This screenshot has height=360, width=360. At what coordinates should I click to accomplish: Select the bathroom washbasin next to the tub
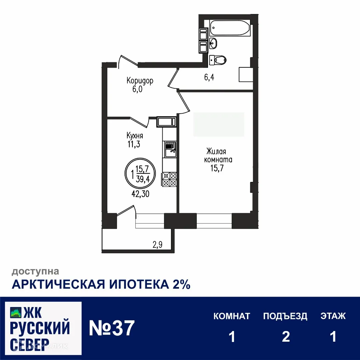[x=214, y=43]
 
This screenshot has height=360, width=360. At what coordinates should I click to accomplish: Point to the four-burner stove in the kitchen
[x=170, y=179]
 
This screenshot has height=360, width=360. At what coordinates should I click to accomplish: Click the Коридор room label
[x=140, y=81]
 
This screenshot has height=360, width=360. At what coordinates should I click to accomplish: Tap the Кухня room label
[x=135, y=136]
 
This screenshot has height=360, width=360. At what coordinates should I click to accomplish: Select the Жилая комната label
[x=218, y=155]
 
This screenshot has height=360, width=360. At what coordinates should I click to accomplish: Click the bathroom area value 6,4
[x=209, y=78]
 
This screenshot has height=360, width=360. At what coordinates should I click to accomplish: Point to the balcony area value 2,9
[x=157, y=245]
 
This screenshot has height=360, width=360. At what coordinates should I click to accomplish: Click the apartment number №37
[x=112, y=328]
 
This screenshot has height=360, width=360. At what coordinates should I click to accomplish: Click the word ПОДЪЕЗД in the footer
[x=285, y=316]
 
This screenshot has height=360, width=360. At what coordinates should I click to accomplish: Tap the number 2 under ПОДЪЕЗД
[x=286, y=337]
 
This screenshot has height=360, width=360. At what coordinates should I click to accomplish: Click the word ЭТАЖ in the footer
[x=333, y=316]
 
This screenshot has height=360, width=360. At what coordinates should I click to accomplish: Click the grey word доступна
[x=35, y=272]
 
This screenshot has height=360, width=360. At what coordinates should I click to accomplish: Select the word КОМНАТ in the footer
[x=232, y=316]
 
